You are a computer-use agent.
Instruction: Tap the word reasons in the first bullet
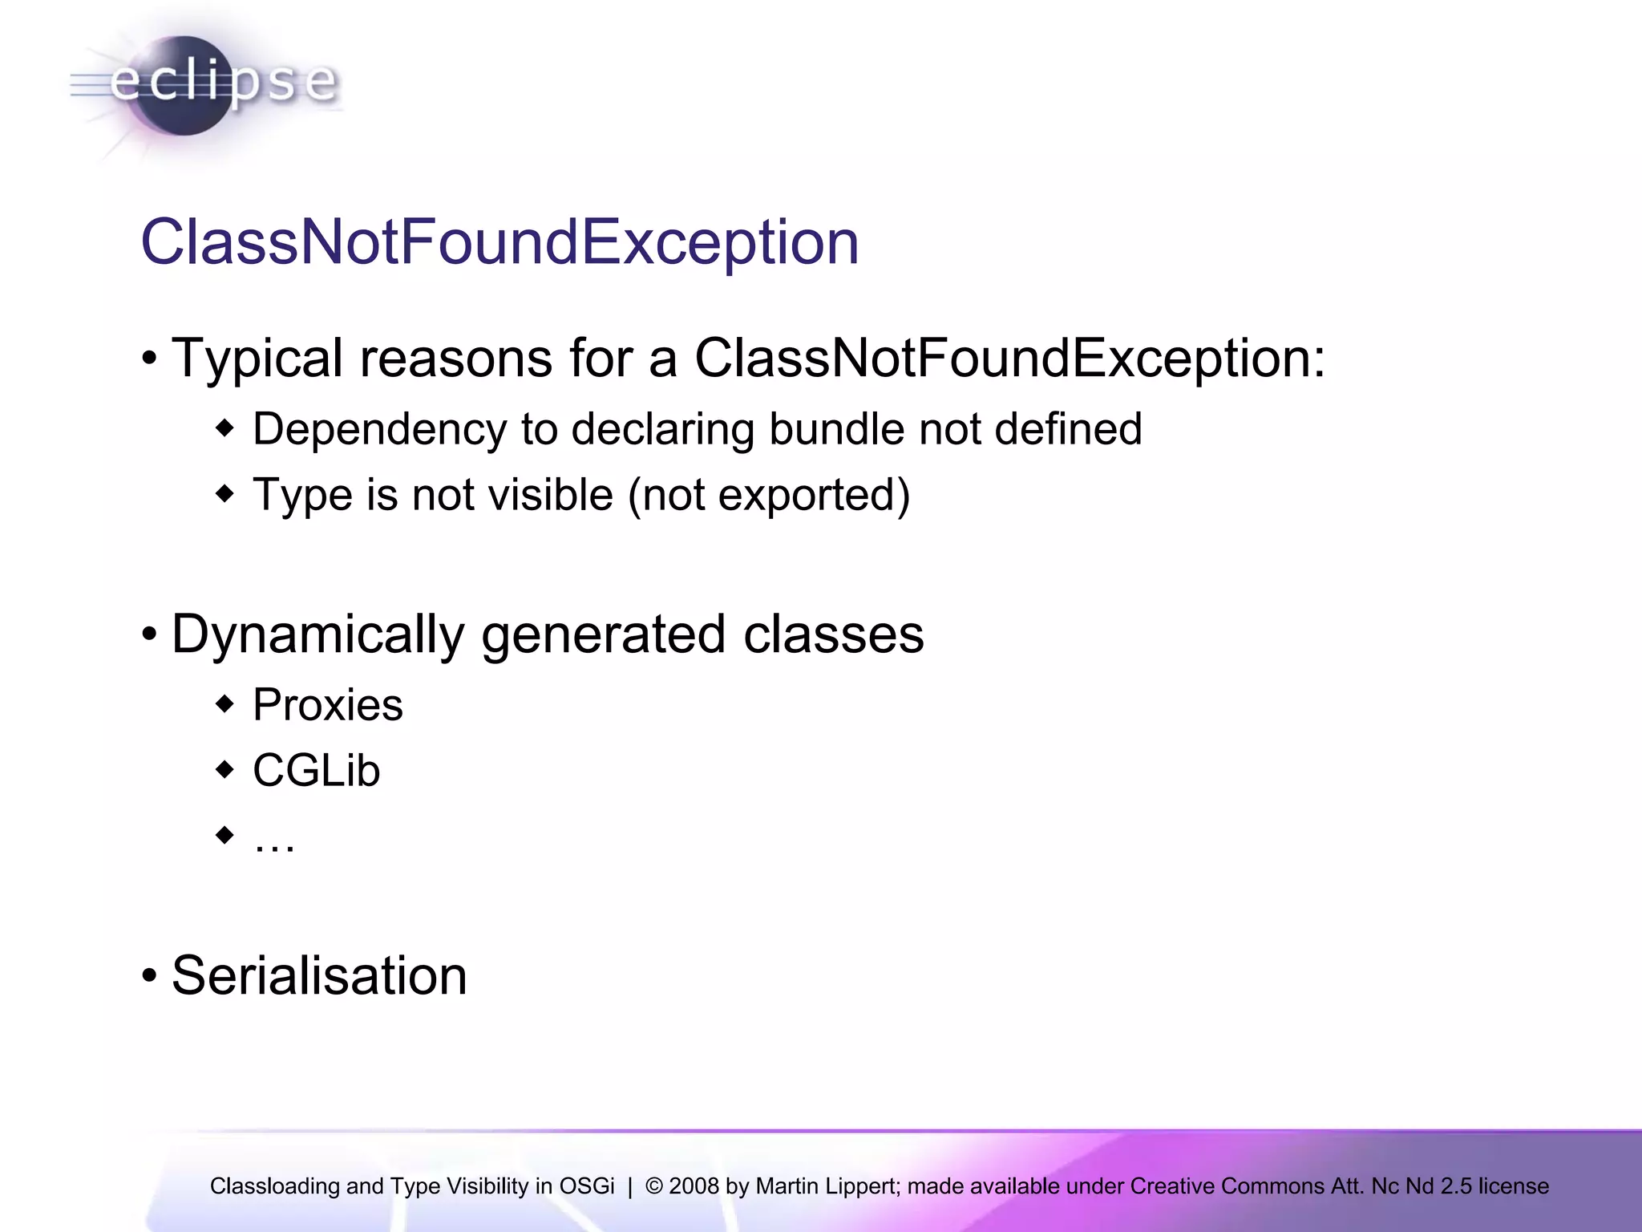tap(455, 358)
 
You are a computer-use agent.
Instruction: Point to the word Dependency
tap(379, 429)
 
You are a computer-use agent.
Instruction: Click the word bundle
tap(836, 429)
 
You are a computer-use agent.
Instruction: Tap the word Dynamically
tap(317, 634)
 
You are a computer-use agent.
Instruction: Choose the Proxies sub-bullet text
tap(328, 705)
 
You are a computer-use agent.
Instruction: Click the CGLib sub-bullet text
tap(317, 771)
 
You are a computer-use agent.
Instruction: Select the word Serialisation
tap(319, 976)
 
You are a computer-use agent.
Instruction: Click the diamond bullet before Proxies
tap(225, 705)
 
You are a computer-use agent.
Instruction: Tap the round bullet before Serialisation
tap(149, 977)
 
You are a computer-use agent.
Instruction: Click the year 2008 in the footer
tap(694, 1185)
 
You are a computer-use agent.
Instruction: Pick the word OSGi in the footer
tap(587, 1185)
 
